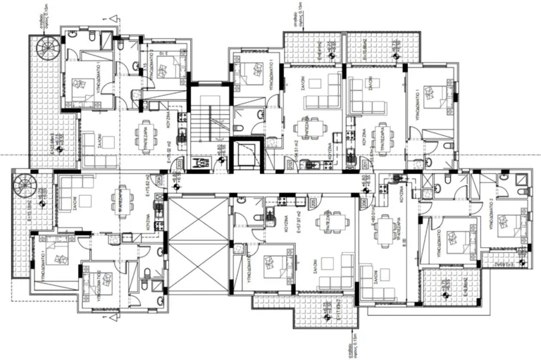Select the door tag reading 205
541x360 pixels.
point(290,164)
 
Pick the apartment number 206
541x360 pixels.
point(364,204)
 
